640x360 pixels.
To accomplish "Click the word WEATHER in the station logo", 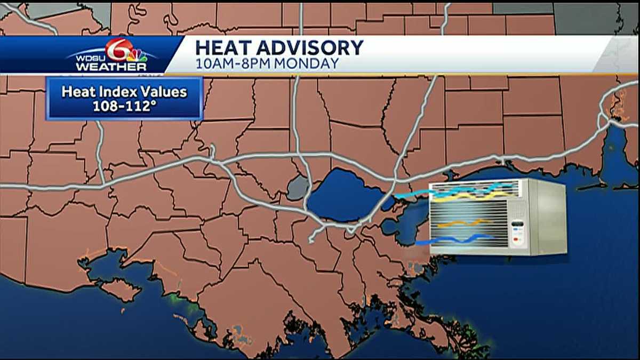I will tap(111, 67).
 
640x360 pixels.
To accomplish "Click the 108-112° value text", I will tap(124, 106).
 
